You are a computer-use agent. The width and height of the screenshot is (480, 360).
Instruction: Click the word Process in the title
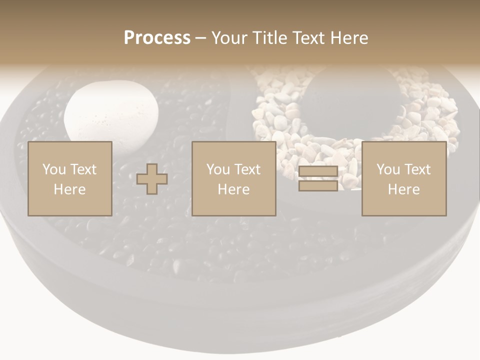coord(157,38)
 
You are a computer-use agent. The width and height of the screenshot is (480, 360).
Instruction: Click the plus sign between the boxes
coord(152,179)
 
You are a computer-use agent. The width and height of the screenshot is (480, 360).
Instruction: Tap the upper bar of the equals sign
coord(318,171)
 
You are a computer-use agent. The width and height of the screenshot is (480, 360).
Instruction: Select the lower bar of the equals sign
coord(318,186)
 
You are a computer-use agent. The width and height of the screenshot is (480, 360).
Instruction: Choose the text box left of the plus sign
coord(70,179)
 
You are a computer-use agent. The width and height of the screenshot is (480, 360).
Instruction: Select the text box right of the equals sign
coord(404,179)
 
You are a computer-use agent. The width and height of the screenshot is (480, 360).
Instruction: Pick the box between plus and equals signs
coord(234,179)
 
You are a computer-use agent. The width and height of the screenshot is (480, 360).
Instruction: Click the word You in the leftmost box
coord(54,169)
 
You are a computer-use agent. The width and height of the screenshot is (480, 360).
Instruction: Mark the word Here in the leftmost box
coord(70,189)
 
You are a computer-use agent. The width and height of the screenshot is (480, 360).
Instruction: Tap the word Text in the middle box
coord(247,169)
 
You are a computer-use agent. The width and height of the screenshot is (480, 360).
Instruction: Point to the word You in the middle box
coord(218,169)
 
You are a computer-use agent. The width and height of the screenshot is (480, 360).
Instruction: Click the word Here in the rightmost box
coord(404,189)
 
